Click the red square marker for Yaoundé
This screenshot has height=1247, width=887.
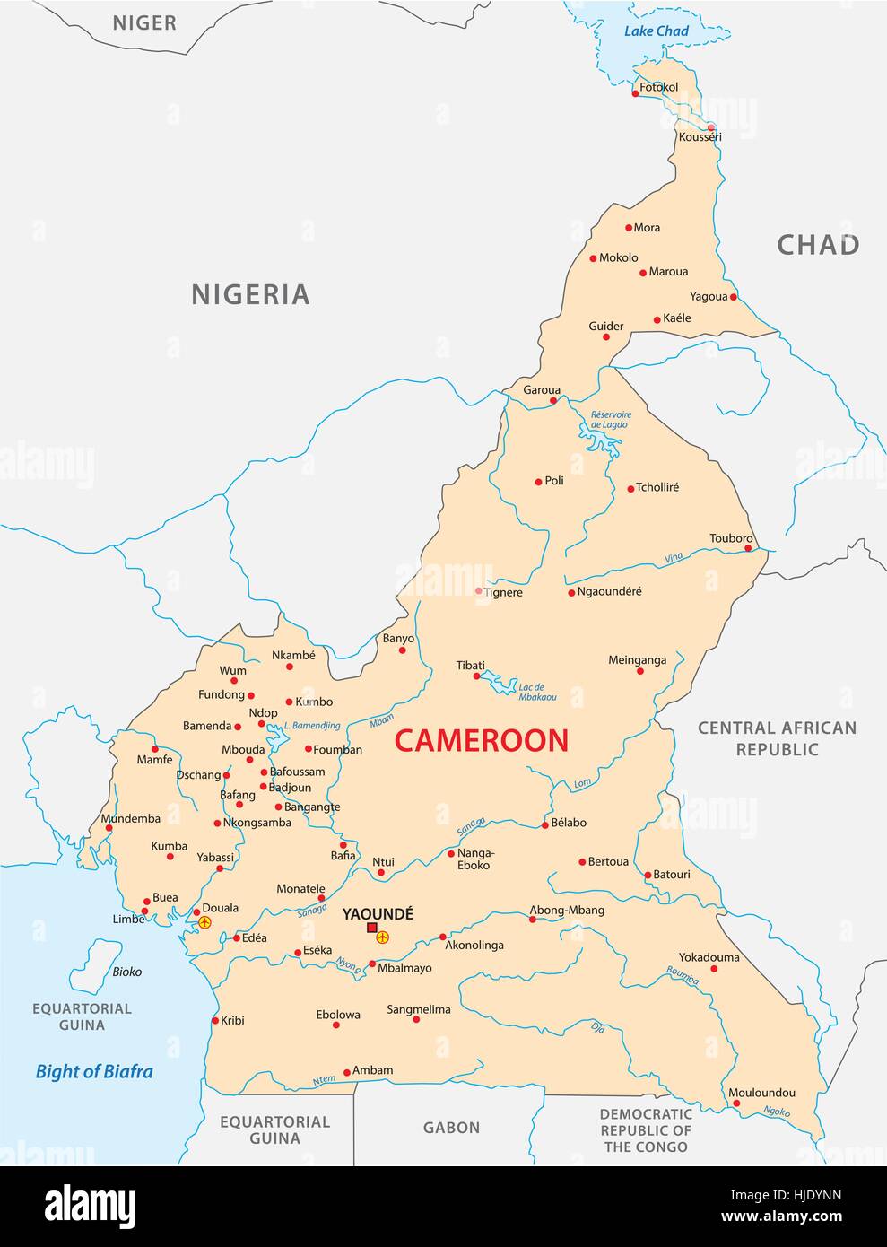[371, 928]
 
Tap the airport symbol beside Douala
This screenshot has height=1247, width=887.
[204, 921]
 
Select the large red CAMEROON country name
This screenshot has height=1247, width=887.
[482, 740]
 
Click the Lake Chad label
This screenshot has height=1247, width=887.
[657, 31]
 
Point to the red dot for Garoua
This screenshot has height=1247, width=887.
[553, 400]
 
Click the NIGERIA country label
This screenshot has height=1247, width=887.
[250, 294]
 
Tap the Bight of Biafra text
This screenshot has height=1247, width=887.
[94, 1071]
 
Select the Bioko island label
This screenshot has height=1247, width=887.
[127, 972]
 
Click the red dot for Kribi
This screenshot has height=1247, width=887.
[214, 1020]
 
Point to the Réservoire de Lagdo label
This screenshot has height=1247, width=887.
[610, 419]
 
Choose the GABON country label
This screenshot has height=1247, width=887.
[451, 1128]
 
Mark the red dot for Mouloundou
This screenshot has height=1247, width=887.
[736, 1104]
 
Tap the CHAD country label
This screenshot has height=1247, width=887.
[817, 245]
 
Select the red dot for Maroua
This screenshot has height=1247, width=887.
[642, 272]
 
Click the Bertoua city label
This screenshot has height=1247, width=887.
[608, 861]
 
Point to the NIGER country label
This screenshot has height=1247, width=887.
[143, 23]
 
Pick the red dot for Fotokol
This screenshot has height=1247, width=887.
[635, 93]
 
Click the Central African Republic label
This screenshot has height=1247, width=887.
[777, 738]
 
